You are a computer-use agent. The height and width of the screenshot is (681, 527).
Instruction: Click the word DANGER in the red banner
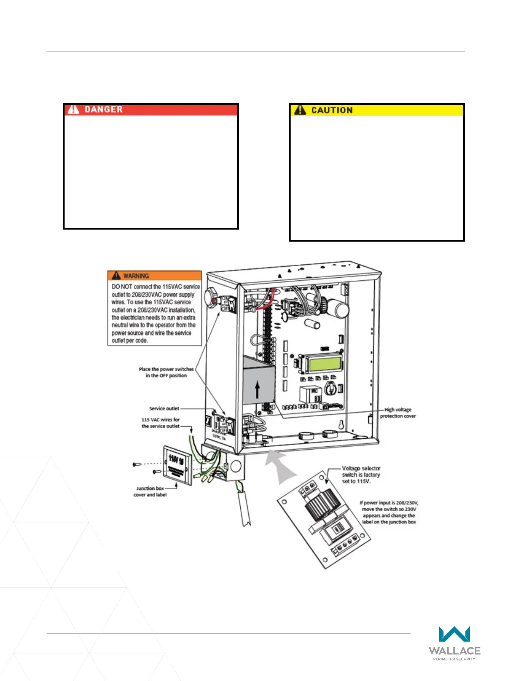click(103, 110)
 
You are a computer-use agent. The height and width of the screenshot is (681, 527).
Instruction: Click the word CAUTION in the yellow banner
click(332, 110)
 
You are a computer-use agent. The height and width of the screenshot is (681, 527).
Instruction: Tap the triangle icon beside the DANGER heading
click(74, 110)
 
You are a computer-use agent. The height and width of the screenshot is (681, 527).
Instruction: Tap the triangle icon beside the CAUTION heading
click(300, 110)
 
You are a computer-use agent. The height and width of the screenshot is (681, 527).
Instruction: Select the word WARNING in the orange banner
click(136, 276)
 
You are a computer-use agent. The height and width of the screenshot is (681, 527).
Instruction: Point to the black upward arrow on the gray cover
click(257, 390)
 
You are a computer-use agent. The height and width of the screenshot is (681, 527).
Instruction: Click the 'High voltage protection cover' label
click(398, 413)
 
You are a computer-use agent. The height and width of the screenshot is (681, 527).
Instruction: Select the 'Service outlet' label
click(164, 408)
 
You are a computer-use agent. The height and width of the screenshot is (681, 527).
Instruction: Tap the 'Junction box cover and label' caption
click(150, 491)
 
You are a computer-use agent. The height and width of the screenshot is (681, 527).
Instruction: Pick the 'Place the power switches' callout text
click(166, 372)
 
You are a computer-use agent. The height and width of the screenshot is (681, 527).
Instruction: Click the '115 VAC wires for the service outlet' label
click(161, 423)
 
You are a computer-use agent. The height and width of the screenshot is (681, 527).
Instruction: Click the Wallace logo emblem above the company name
click(454, 635)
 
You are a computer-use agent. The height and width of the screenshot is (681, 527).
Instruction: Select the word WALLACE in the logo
click(454, 651)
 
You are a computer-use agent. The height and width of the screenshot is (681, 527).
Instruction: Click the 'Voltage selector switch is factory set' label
click(361, 475)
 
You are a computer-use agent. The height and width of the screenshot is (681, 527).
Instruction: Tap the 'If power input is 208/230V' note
click(389, 512)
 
